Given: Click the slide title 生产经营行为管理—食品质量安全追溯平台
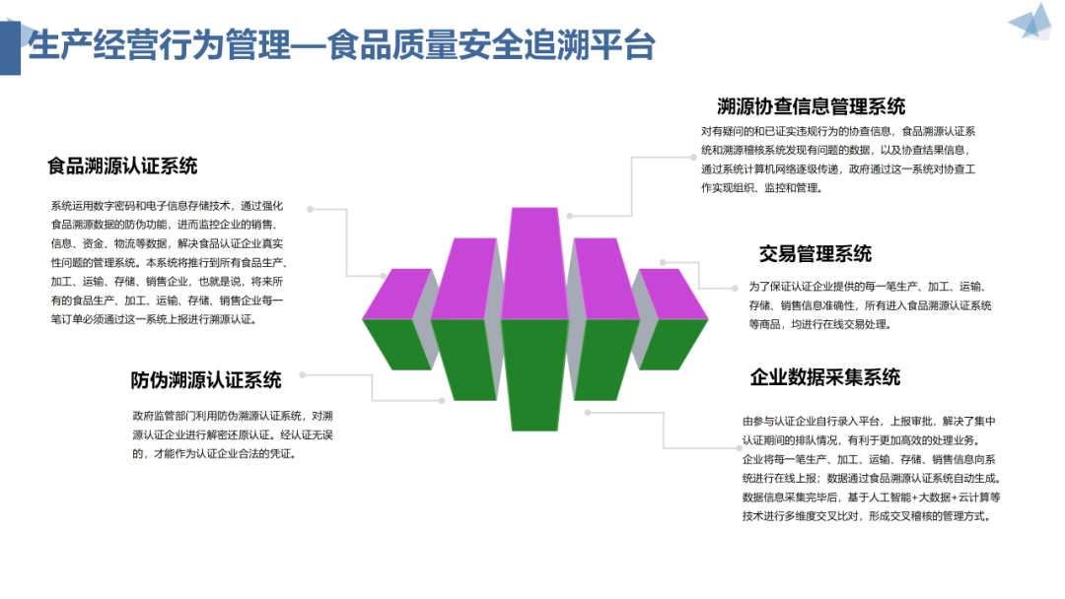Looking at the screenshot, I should pos(340,44).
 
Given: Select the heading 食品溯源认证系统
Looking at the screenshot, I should pos(122,166).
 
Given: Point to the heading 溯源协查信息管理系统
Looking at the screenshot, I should pos(811,105).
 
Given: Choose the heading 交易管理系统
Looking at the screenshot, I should pos(815,254).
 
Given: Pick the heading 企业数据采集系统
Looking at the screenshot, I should pos(824,376).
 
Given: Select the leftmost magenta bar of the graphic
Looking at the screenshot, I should pos(397,294).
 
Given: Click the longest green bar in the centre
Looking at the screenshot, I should pos(534,374).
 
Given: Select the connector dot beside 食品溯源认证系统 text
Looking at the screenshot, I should pos(311,210).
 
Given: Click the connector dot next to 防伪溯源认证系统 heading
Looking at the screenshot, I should pos(303,375).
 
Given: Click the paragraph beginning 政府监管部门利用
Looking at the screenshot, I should pos(232,434).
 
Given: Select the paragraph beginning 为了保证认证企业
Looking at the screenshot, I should pos(870,304).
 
